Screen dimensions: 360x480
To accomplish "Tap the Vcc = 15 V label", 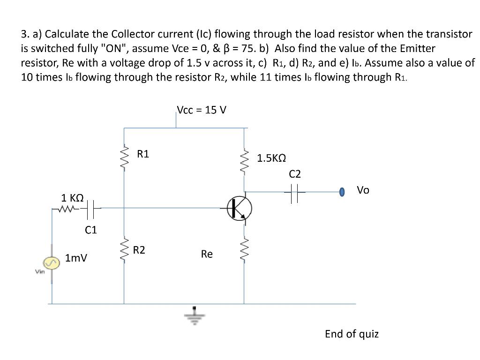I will point(202,110).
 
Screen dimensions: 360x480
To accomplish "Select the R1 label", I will point(143,154).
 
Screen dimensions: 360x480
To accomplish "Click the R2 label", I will point(139,250).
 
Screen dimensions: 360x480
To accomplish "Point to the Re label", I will point(207,254).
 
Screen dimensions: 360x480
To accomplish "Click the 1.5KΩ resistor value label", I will point(272,158).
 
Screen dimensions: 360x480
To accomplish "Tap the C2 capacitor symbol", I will point(294,191).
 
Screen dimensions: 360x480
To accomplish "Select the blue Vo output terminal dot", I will point(342,191).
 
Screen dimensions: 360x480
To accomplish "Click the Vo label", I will point(363,190).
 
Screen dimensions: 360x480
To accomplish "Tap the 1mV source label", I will point(76,258).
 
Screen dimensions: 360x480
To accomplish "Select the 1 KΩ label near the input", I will point(73,197).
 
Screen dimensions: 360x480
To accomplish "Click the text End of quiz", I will point(352,334).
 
